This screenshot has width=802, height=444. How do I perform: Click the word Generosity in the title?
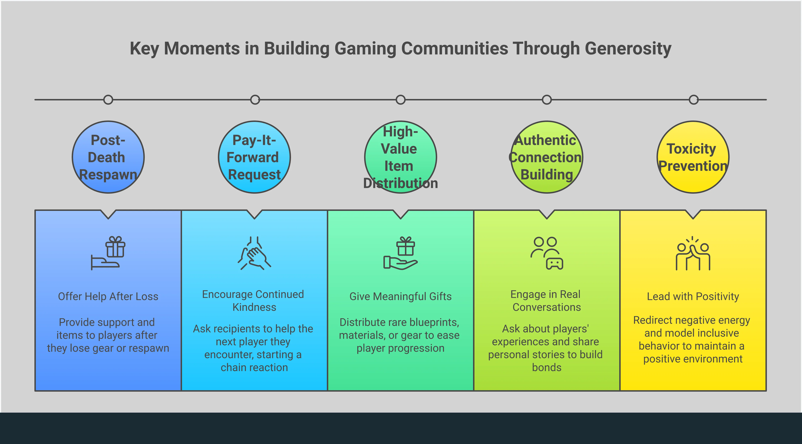[x=628, y=49]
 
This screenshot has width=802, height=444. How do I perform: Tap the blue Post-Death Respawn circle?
[x=108, y=157]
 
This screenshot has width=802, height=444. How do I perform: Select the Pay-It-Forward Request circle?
[x=254, y=157]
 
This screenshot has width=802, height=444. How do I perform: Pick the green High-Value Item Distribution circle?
[x=401, y=157]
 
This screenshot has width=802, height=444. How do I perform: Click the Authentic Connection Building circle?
[x=547, y=157]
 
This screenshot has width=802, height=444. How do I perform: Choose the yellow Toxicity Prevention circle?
[x=693, y=157]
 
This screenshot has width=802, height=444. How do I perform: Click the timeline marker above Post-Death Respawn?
[x=108, y=100]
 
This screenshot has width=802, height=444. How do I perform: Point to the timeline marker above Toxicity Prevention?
[x=693, y=100]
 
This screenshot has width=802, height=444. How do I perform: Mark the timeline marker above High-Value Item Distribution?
[x=401, y=100]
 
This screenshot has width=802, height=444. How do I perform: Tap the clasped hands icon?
[x=254, y=253]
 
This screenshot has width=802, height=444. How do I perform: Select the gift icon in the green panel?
[x=401, y=253]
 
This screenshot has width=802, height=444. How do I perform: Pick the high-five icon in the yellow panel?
[x=693, y=253]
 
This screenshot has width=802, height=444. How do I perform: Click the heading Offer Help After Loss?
[x=108, y=296]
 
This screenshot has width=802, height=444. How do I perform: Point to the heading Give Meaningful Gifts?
[x=401, y=296]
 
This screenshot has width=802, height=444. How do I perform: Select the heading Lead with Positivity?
[x=693, y=296]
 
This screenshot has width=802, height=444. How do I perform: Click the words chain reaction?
[x=254, y=368]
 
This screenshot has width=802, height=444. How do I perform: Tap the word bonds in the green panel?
[x=547, y=368]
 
